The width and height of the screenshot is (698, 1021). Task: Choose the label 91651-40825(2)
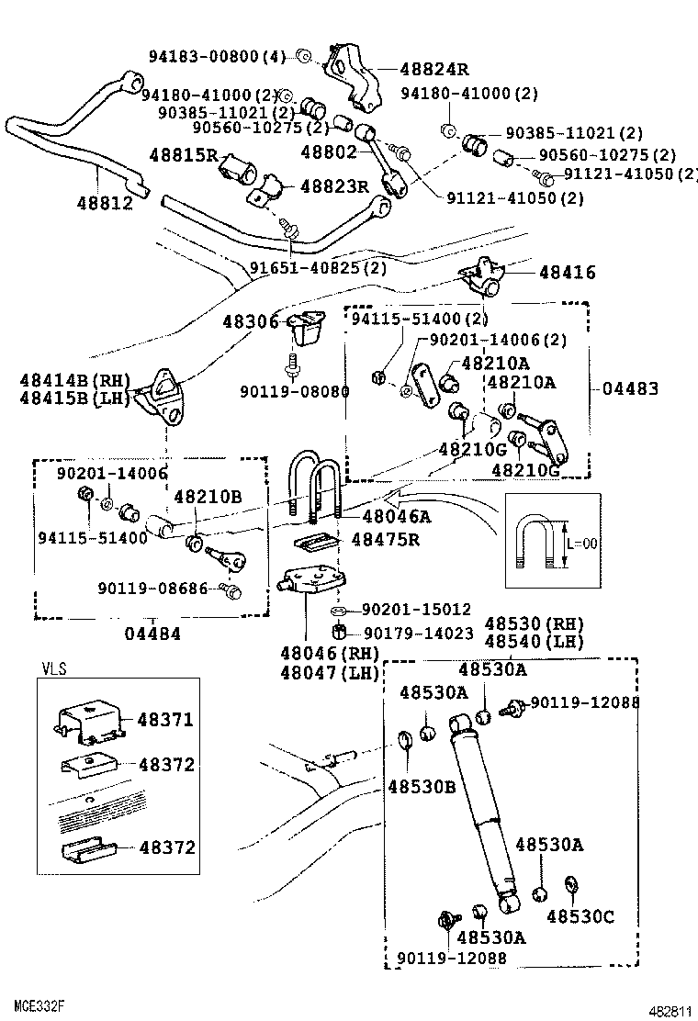pos(318,268)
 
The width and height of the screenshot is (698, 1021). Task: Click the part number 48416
pos(567,272)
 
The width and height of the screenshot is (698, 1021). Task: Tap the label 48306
pos(250,321)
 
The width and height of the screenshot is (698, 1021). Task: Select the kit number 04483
pos(630,388)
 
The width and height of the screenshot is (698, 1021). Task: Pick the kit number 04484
pos(152,634)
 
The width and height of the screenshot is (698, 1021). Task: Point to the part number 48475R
pos(385,539)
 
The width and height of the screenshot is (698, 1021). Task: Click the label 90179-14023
pos(418,633)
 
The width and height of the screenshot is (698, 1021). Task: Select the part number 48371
pos(166,720)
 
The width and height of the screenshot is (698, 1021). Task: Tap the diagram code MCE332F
pos(39,1007)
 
